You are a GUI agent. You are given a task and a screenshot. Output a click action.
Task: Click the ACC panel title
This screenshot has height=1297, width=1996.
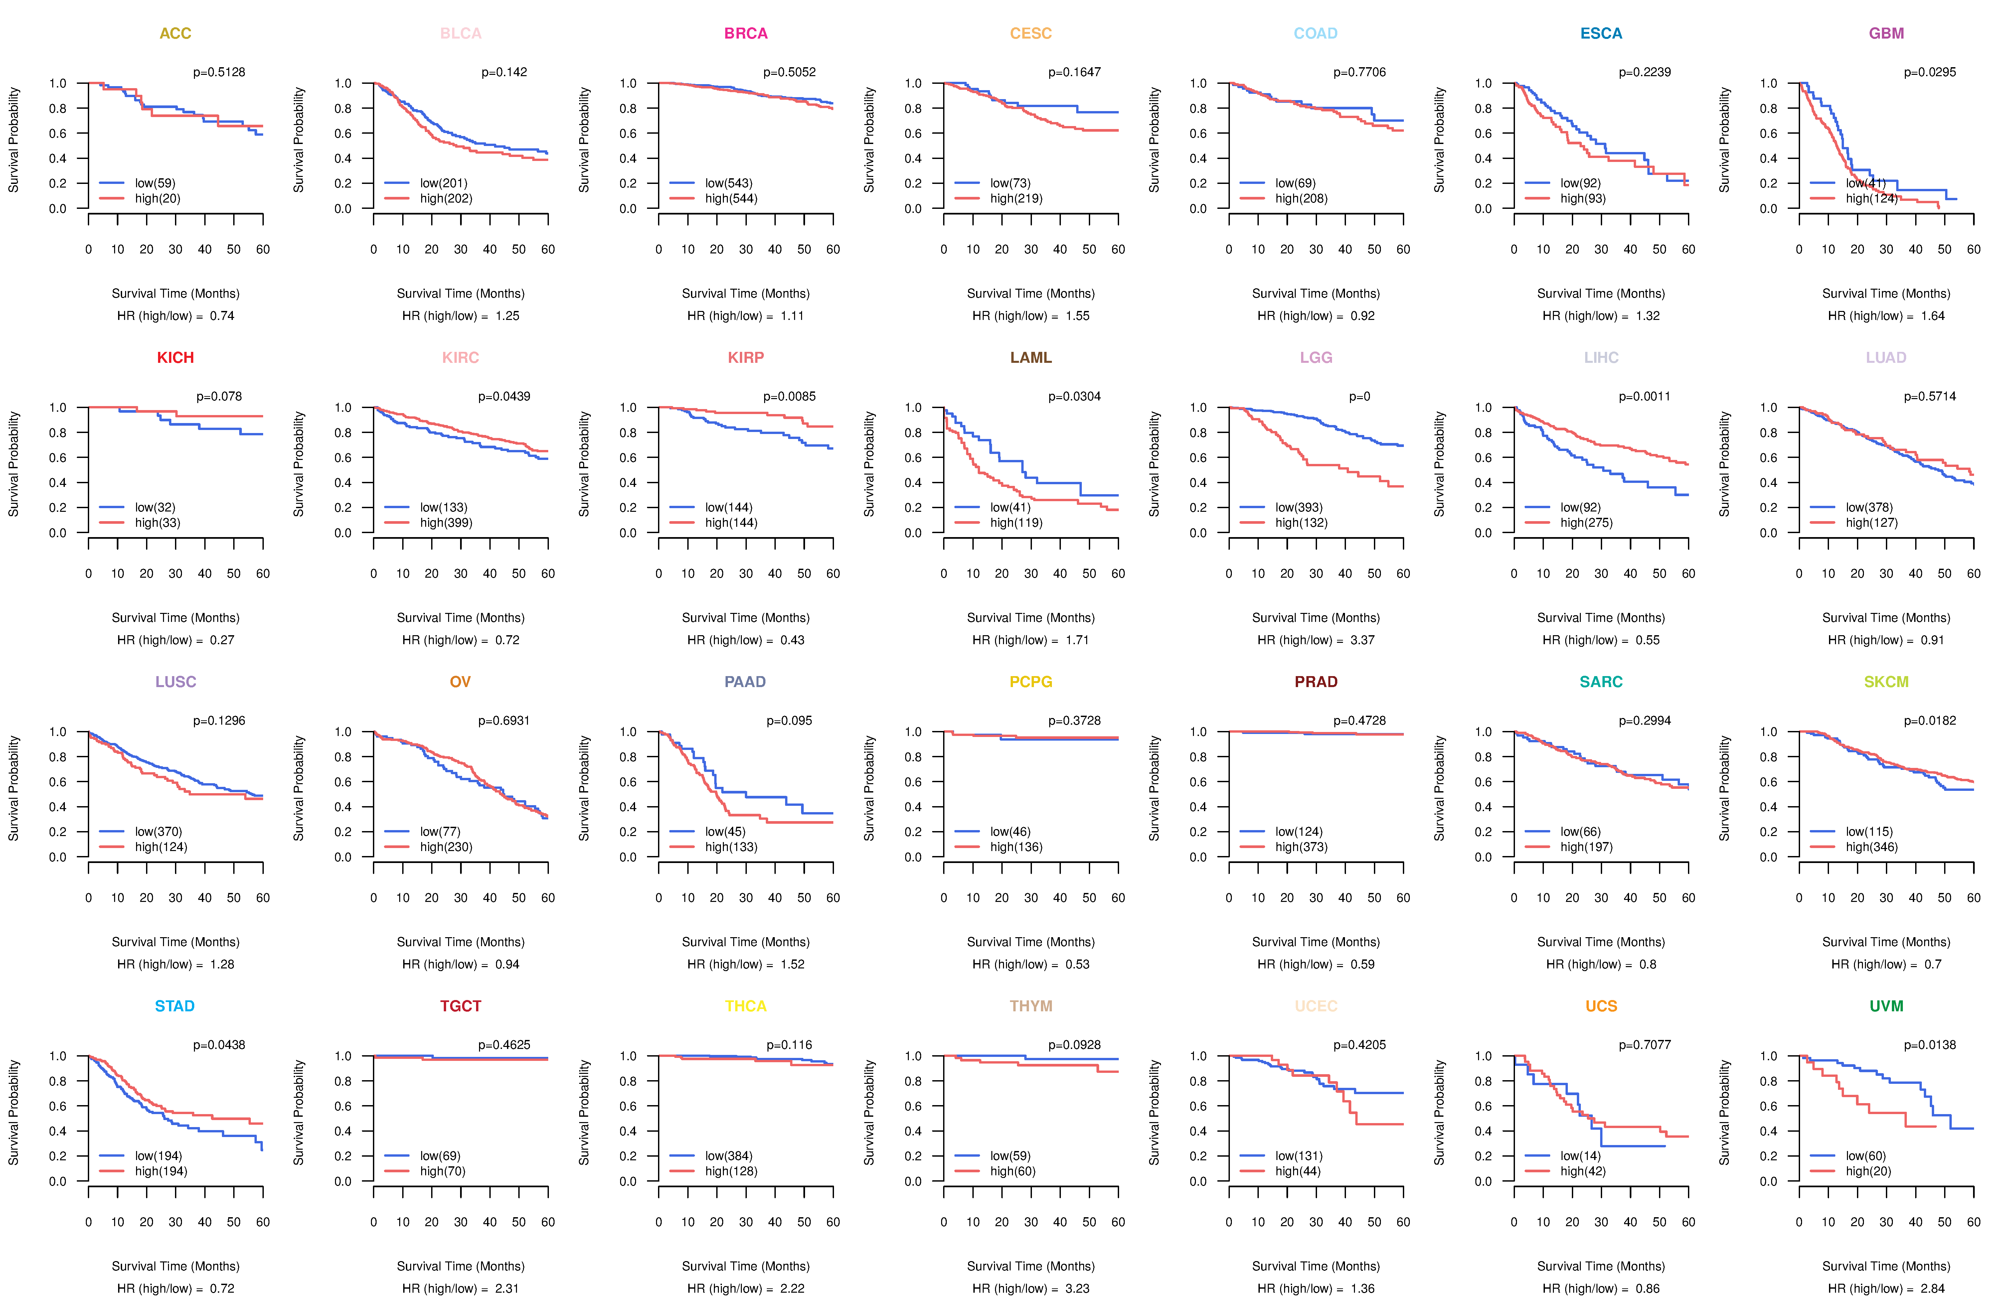click(x=175, y=34)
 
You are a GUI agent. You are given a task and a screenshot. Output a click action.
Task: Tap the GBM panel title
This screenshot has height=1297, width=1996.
click(x=1886, y=34)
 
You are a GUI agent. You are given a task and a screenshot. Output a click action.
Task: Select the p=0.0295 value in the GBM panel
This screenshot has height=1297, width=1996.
click(x=1930, y=72)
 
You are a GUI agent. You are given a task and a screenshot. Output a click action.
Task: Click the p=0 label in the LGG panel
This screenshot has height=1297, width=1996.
click(x=1360, y=396)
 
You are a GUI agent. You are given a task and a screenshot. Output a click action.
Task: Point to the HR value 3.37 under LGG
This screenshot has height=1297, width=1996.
click(x=1362, y=640)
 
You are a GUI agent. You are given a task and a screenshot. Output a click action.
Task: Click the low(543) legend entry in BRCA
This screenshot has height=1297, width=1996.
click(x=728, y=183)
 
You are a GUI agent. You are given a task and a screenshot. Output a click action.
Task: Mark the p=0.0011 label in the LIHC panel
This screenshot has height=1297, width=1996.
click(x=1645, y=396)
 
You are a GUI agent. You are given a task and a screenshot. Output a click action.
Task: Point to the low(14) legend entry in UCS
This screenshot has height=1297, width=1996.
click(x=1580, y=1155)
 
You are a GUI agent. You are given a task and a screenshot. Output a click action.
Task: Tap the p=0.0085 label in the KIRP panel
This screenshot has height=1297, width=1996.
click(x=789, y=396)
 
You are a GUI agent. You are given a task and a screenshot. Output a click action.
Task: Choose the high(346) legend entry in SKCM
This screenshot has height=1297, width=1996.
click(x=1871, y=847)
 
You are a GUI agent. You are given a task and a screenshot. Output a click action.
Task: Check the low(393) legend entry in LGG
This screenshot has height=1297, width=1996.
click(x=1298, y=507)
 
